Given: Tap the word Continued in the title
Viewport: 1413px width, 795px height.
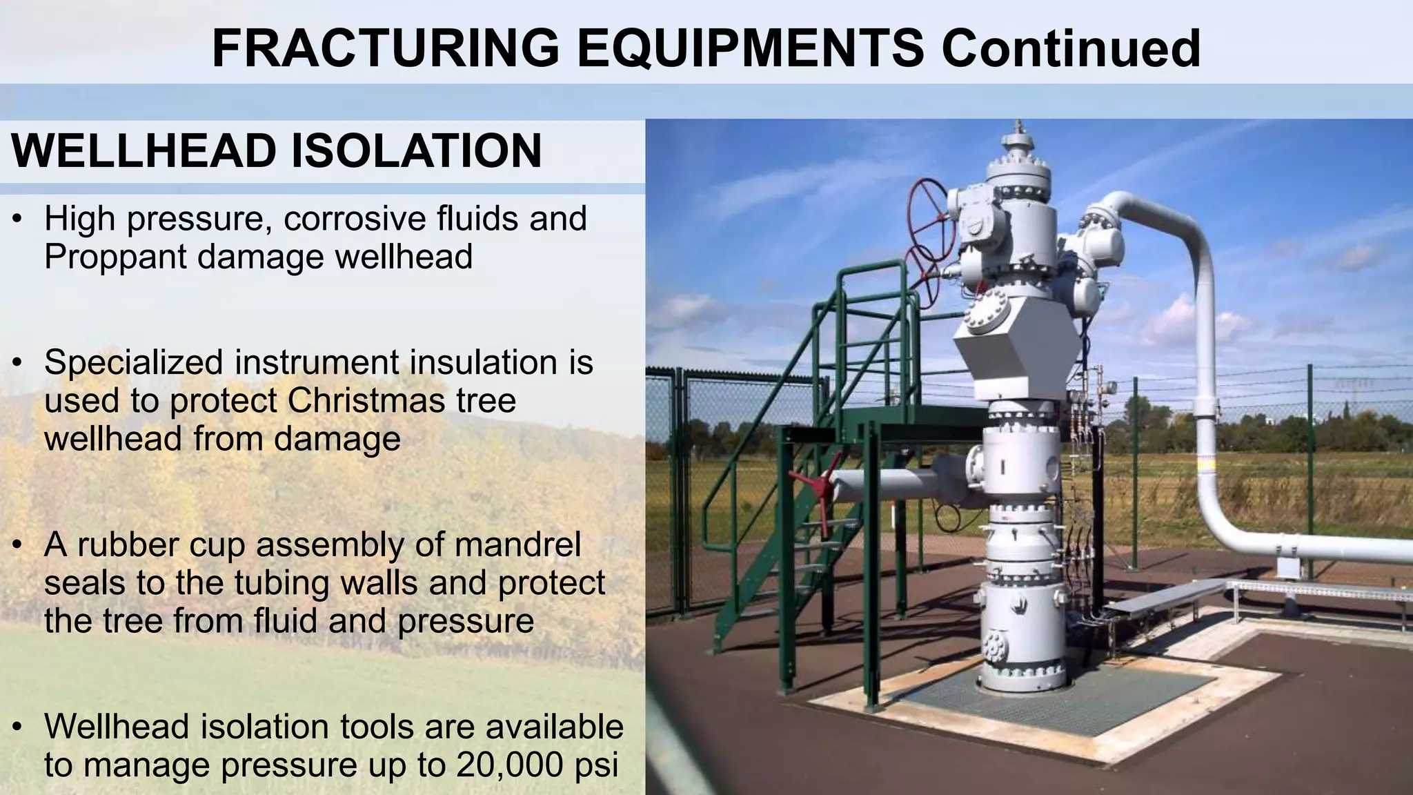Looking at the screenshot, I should (1071, 48).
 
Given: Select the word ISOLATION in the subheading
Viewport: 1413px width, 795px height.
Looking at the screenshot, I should (416, 151).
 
